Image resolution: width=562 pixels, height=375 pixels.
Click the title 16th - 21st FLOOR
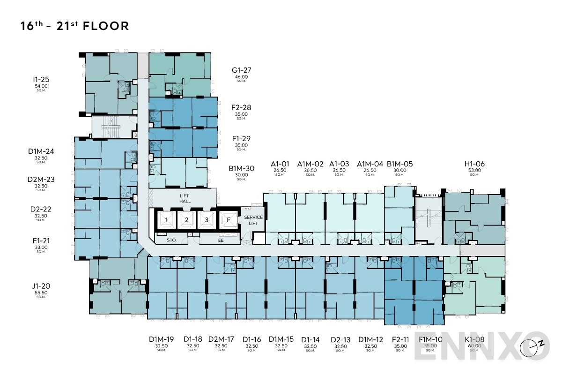(74, 26)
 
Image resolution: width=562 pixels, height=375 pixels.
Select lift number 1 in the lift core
(166, 219)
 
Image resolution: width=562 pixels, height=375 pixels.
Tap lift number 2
(186, 219)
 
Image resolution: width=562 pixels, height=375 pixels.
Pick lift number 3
(207, 219)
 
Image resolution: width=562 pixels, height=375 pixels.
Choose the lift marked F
(229, 219)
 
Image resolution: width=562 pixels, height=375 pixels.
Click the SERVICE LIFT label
(253, 220)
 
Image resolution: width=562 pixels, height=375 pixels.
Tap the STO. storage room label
(171, 240)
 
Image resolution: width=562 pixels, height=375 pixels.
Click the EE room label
(221, 240)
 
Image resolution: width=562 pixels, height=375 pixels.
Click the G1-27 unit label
(241, 71)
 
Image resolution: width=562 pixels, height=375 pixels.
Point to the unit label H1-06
(474, 164)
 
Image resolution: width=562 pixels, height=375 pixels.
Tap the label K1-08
(474, 339)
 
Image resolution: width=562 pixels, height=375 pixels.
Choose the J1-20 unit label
(41, 285)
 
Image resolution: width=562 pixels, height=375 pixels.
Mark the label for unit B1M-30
(241, 168)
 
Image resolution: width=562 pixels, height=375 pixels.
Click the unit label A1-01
(280, 164)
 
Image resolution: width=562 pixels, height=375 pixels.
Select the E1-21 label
(41, 241)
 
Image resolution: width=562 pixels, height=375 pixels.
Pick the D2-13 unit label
(340, 339)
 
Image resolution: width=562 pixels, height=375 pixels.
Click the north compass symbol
(541, 344)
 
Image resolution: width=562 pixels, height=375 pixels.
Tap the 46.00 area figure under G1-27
(241, 77)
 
